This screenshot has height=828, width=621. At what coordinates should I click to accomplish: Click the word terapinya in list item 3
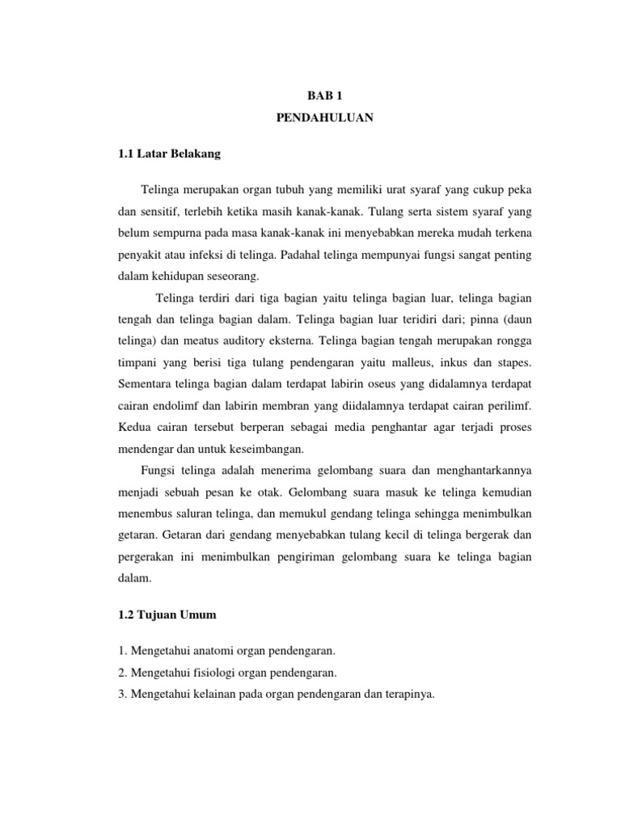pyautogui.click(x=411, y=693)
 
